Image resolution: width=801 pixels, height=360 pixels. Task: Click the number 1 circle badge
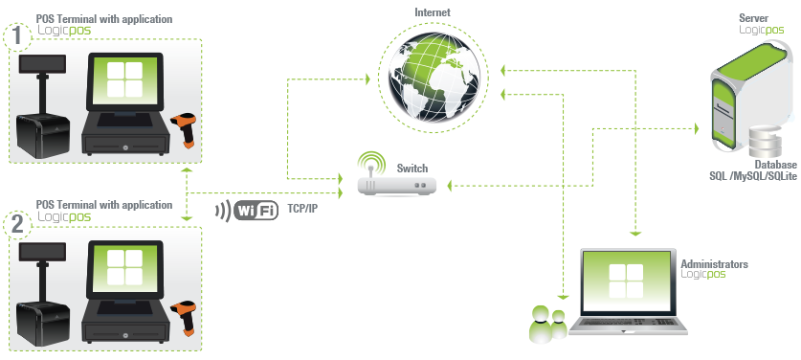click(16, 37)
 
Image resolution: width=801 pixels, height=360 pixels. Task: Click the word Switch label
click(412, 168)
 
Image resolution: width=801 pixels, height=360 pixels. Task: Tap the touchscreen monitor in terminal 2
click(124, 269)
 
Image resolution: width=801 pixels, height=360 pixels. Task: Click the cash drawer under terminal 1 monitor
click(124, 142)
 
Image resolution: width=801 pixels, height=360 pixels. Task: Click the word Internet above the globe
click(433, 12)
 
